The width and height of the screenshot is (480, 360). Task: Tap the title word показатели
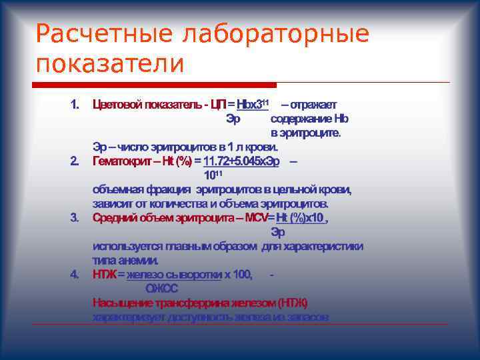109,64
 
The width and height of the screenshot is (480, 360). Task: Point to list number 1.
75,104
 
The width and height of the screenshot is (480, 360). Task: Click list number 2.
75,161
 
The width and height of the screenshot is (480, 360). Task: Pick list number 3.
75,217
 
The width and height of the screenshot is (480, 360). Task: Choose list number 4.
75,274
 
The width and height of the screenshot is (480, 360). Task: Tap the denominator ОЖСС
162,289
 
